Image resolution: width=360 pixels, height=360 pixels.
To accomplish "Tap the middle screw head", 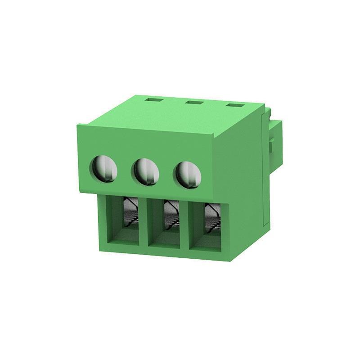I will [146, 171].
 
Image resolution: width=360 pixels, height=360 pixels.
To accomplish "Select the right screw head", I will [187, 173].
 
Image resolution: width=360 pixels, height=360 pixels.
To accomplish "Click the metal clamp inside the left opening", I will [131, 213].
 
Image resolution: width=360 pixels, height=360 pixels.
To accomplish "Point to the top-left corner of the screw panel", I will [75, 126].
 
